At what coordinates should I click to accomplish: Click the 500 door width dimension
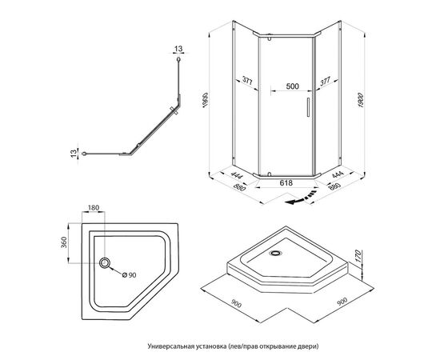(x=292, y=86)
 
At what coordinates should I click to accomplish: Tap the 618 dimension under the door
(x=286, y=183)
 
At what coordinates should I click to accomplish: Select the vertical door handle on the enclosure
(x=308, y=107)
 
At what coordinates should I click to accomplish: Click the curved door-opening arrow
(x=300, y=198)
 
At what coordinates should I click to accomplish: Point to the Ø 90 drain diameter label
(x=130, y=275)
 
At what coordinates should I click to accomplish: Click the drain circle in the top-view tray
(x=105, y=263)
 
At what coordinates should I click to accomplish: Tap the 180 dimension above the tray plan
(x=94, y=208)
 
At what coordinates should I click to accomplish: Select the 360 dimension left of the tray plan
(x=64, y=242)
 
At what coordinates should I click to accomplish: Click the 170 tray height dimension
(x=358, y=256)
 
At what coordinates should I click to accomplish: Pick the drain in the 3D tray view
(x=277, y=253)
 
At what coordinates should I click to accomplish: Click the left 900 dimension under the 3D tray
(x=236, y=303)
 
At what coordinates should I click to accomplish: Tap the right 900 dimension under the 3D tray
(x=342, y=302)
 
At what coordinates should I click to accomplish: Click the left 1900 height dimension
(x=205, y=100)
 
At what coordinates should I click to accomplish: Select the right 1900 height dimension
(x=361, y=100)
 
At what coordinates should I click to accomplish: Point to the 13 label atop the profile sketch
(x=178, y=49)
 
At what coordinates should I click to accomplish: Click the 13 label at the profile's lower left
(x=74, y=154)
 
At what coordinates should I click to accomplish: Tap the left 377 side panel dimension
(x=247, y=81)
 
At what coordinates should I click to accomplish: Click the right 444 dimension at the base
(x=338, y=174)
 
